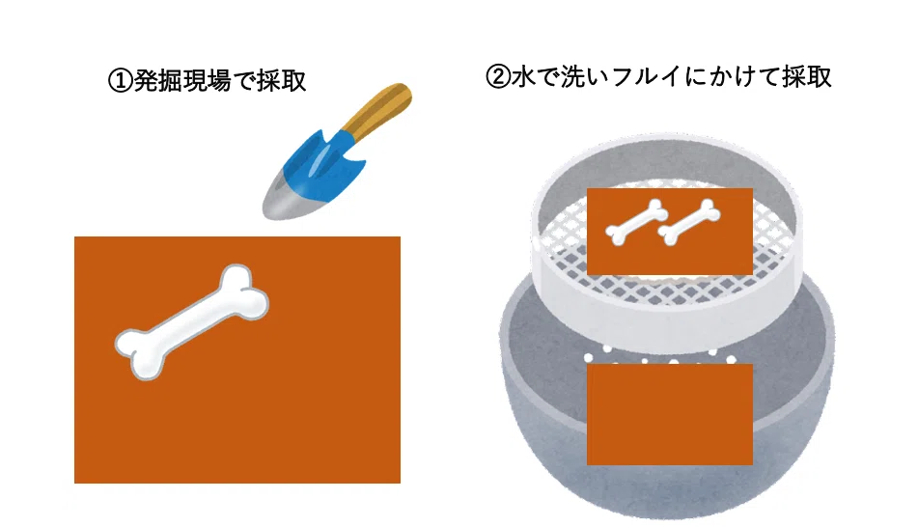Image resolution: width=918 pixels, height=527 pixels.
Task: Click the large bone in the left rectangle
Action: (x=191, y=321)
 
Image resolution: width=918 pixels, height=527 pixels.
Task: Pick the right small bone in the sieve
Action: (x=689, y=222)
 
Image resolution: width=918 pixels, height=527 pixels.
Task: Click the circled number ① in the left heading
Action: (x=120, y=81)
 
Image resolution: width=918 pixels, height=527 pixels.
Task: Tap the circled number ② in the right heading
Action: (x=498, y=76)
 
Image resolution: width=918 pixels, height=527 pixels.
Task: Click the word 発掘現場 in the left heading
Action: (x=182, y=81)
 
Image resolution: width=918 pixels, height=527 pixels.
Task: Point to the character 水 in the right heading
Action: (x=523, y=76)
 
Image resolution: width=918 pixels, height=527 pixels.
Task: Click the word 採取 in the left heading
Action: (x=281, y=81)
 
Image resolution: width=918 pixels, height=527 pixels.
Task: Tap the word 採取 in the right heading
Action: (x=807, y=76)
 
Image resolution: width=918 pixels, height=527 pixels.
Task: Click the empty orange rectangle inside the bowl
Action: (x=670, y=415)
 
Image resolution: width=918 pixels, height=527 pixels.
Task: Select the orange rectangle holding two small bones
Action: (x=670, y=232)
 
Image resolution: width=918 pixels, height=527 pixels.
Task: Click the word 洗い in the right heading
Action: (x=573, y=76)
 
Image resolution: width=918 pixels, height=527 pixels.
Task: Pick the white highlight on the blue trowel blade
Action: (x=320, y=157)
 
